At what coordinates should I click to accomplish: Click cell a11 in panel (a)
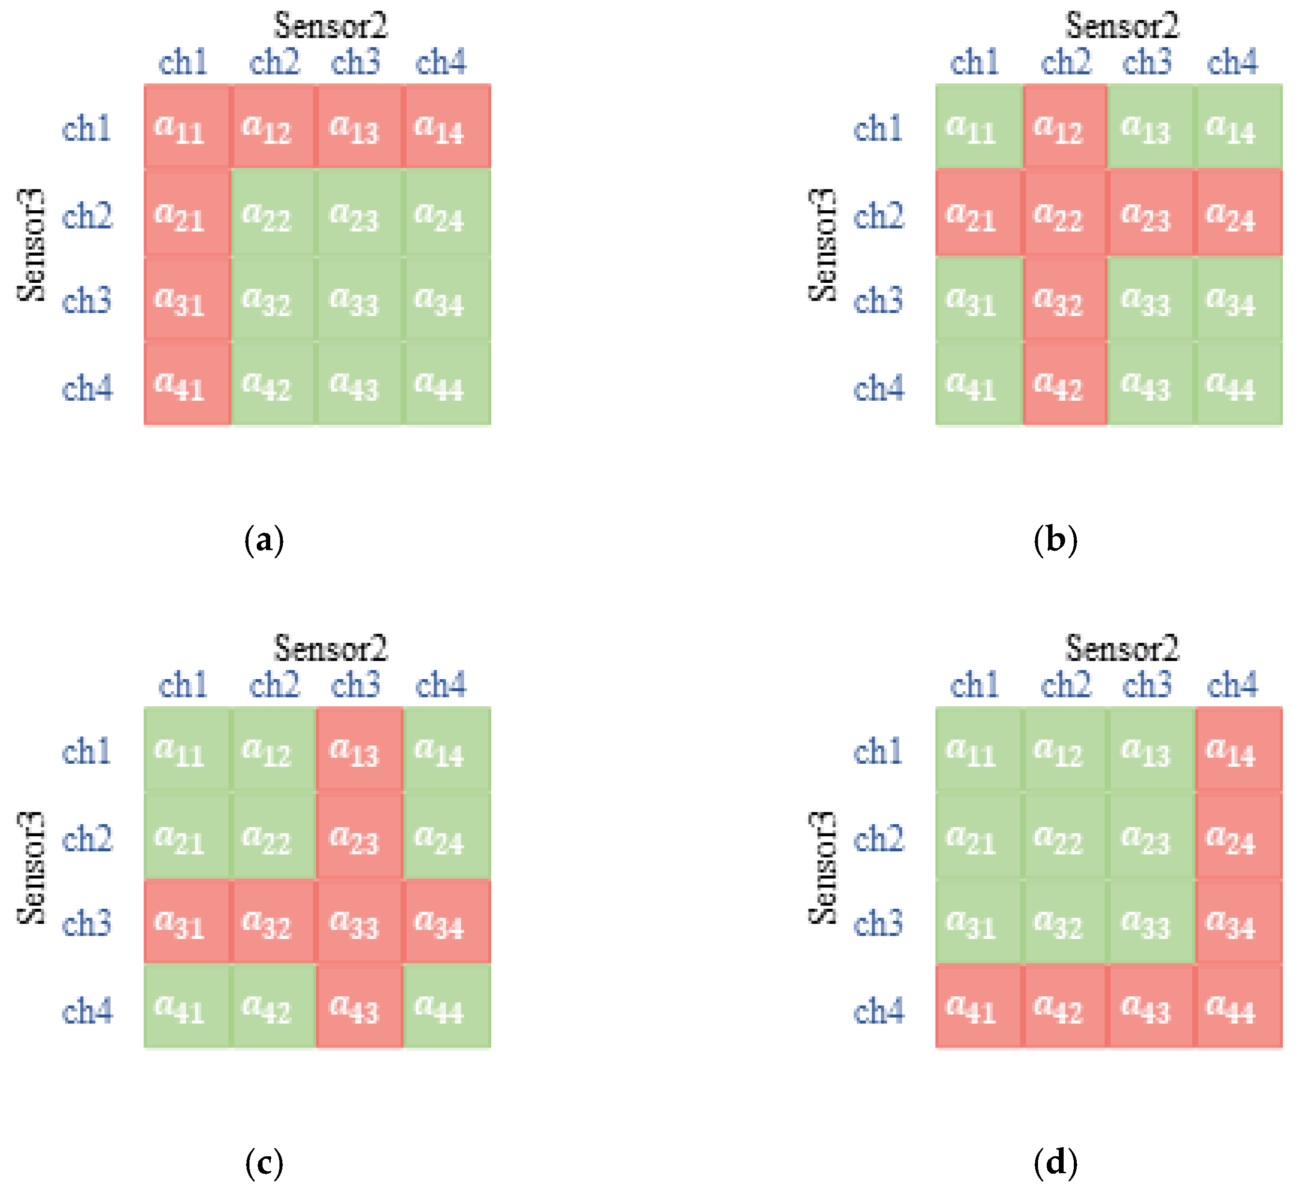[x=187, y=127]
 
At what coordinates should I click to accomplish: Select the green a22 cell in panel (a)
[x=273, y=213]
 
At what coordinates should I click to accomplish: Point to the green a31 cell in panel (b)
[x=978, y=299]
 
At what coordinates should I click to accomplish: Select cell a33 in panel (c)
[x=359, y=922]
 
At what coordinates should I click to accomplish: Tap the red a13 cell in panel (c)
[x=359, y=749]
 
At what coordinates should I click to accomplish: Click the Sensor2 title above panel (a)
[x=330, y=26]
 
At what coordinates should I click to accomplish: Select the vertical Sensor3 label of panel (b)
[x=822, y=246]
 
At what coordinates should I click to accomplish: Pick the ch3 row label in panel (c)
[x=87, y=923]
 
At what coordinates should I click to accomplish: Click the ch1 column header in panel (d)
[x=974, y=685]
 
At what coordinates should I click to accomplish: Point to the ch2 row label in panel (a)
[x=87, y=215]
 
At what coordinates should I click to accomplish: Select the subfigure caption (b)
[x=1055, y=539]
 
